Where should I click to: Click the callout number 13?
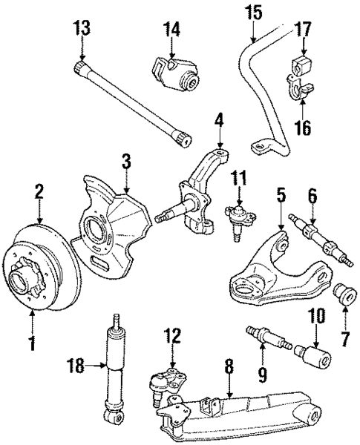click(x=82, y=30)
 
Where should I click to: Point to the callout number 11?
click(x=238, y=177)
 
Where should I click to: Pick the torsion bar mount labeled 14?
click(x=176, y=72)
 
